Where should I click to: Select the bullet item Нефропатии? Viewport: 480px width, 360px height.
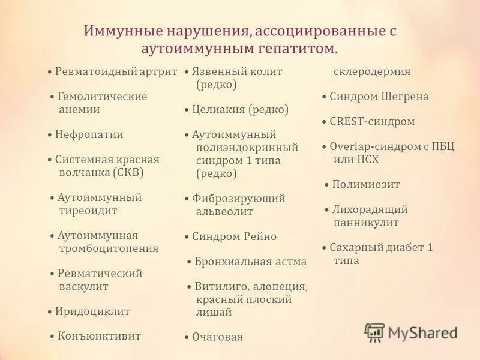[x=89, y=134]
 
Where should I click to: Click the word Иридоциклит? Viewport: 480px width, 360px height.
[x=92, y=311]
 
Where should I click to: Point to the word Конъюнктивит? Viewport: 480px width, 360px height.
[x=100, y=336]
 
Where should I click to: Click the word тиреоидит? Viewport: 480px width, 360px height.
[x=88, y=211]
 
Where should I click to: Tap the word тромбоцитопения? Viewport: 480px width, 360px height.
[x=109, y=248]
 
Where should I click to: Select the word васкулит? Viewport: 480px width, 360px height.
[x=83, y=286]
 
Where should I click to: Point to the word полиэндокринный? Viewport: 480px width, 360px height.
[x=247, y=148]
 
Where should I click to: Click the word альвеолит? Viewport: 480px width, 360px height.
[x=224, y=211]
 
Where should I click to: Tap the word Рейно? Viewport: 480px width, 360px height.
[x=259, y=236]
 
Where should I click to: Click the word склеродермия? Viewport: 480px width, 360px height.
[x=371, y=71]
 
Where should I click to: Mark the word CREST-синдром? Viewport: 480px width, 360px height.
[x=372, y=122]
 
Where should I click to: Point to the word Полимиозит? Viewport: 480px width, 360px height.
[x=366, y=185]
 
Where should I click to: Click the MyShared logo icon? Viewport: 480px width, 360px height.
[x=374, y=332]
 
